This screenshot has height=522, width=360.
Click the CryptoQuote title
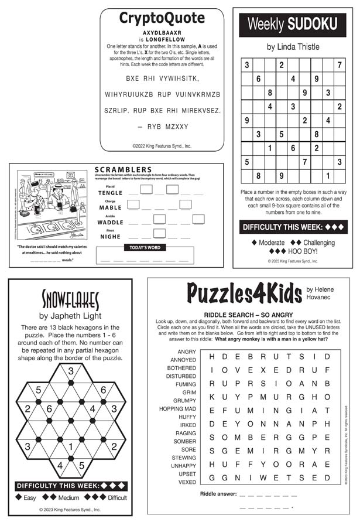click(x=162, y=18)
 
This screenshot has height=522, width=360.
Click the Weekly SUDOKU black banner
click(x=293, y=24)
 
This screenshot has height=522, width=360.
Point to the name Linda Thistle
click(x=293, y=46)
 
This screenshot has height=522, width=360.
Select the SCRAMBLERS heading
click(x=123, y=170)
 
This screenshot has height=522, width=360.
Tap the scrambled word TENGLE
click(x=110, y=193)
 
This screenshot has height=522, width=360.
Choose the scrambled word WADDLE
click(x=110, y=223)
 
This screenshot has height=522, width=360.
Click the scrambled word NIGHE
click(x=110, y=237)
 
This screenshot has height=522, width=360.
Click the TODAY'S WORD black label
click(x=145, y=248)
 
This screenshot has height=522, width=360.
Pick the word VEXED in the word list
click(x=187, y=482)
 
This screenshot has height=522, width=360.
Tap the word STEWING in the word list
click(x=183, y=458)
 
